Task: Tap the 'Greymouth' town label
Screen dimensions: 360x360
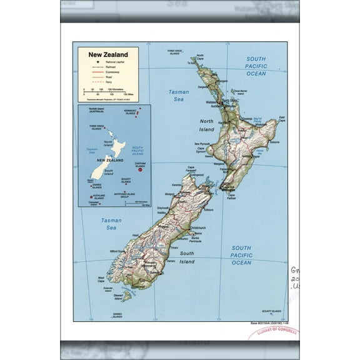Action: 164,207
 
